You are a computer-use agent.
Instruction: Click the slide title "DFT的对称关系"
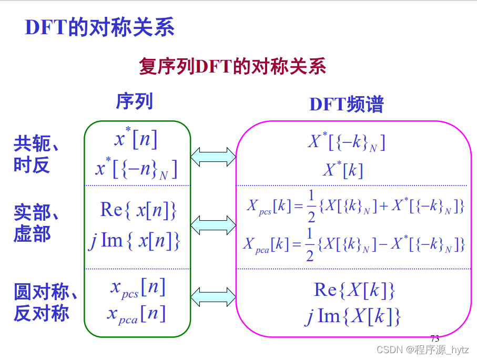click(99, 28)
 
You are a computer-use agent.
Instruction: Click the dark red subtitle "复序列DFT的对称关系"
click(232, 67)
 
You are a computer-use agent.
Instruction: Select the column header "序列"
click(134, 101)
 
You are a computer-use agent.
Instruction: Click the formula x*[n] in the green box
click(136, 139)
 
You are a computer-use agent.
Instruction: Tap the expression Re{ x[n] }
click(138, 210)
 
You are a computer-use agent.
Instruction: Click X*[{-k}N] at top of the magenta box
click(346, 142)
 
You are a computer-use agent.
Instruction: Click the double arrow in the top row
click(213, 156)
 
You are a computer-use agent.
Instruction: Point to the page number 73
click(434, 338)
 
